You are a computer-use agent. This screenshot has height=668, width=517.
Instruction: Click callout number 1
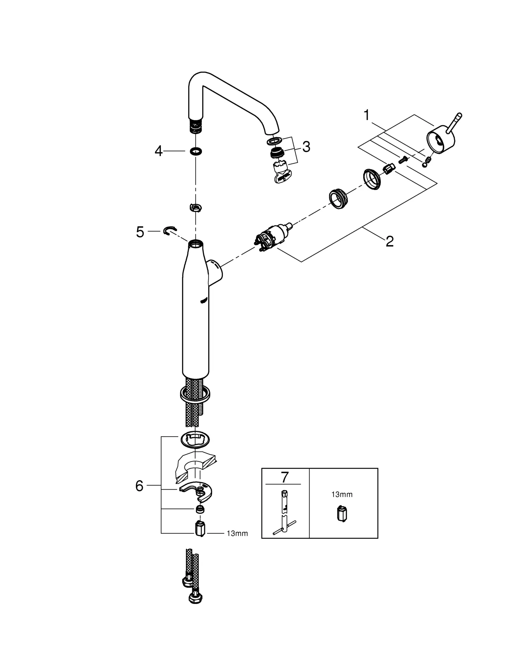point(366,115)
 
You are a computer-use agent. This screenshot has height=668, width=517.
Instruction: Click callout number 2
point(390,241)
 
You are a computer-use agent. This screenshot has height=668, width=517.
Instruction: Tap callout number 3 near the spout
point(306,147)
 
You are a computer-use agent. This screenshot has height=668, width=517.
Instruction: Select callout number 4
point(159,151)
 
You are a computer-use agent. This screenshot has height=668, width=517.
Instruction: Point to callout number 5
point(140,232)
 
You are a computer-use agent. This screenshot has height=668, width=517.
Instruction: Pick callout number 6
point(139,486)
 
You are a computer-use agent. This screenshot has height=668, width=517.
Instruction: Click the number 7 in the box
point(284,477)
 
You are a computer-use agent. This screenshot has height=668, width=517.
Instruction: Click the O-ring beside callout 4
point(196,151)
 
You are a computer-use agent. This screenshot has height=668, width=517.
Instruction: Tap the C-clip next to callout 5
point(170,230)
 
